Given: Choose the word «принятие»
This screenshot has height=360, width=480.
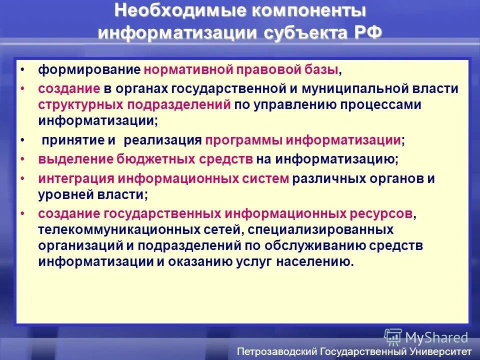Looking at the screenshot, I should click(x=73, y=140).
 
